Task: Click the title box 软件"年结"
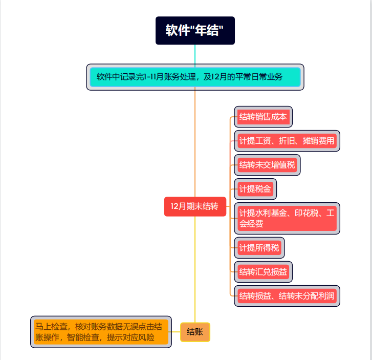[x=195, y=30]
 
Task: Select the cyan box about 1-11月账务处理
[x=195, y=77]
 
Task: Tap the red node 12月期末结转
[x=194, y=206]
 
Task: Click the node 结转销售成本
[x=263, y=117]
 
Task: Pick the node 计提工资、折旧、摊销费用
[x=287, y=141]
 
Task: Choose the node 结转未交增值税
[x=267, y=165]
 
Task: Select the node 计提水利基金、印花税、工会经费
[x=287, y=218]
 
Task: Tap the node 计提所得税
[x=259, y=248]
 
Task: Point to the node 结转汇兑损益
[x=263, y=271]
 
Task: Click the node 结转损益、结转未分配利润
[x=287, y=295]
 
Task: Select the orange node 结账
[x=195, y=332]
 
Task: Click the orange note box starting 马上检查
[x=101, y=332]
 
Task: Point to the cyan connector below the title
[x=195, y=54]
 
